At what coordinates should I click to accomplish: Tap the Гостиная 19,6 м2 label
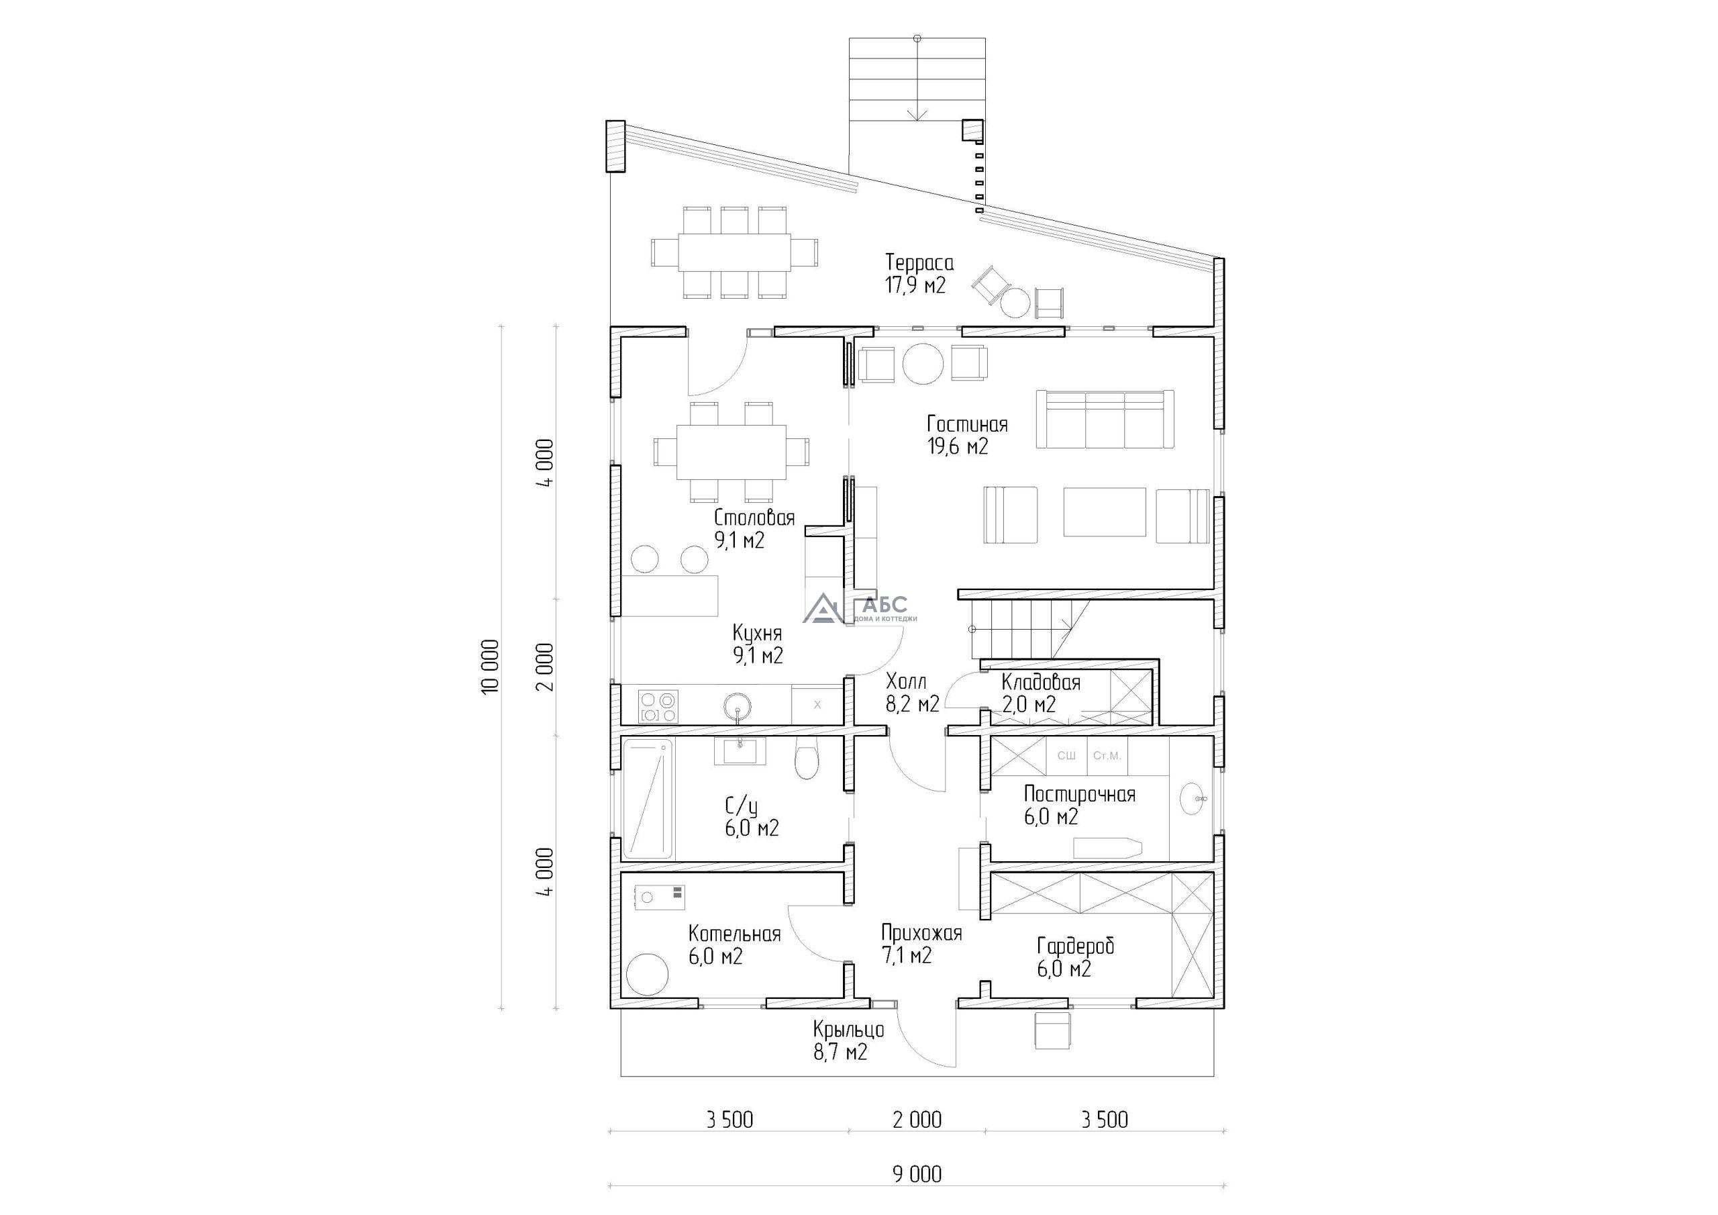[x=968, y=435]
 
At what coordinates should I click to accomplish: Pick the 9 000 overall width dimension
[x=917, y=1175]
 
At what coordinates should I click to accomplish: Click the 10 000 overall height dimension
[x=490, y=668]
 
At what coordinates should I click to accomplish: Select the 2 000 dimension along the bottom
[x=917, y=1120]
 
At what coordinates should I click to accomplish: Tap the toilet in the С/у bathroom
[x=806, y=758]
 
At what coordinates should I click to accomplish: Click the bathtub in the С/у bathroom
[x=648, y=798]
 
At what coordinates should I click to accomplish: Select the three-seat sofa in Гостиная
[x=1105, y=420]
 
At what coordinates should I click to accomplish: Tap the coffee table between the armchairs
[x=1105, y=512]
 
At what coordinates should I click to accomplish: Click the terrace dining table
[x=734, y=252]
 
